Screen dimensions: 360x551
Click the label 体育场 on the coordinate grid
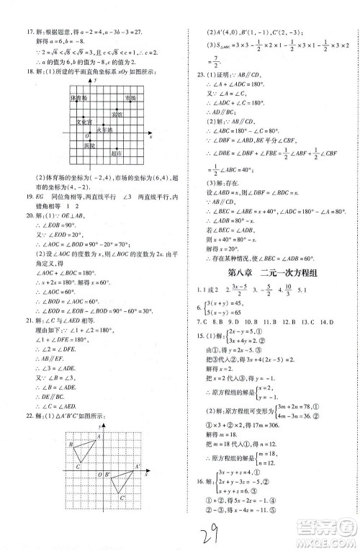tap(78, 97)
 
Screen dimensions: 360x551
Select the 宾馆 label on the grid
tap(116, 113)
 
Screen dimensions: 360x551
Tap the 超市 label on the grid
tap(116, 153)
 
